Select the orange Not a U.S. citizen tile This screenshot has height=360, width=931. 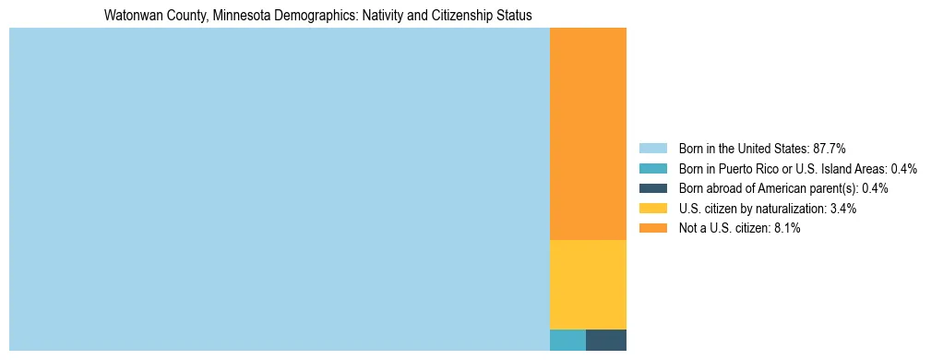pos(588,134)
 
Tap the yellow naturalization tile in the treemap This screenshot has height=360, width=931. pos(588,284)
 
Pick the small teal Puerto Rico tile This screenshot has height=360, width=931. pos(567,340)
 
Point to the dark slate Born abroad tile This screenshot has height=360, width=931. pos(606,340)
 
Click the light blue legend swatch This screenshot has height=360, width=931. pos(652,148)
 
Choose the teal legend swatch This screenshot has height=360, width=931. pos(652,168)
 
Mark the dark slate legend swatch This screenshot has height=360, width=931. pos(652,188)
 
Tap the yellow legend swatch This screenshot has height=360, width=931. pos(652,209)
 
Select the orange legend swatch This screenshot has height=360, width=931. pos(652,229)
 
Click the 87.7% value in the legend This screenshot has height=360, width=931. pos(830,148)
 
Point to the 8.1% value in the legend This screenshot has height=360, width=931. pos(785,229)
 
